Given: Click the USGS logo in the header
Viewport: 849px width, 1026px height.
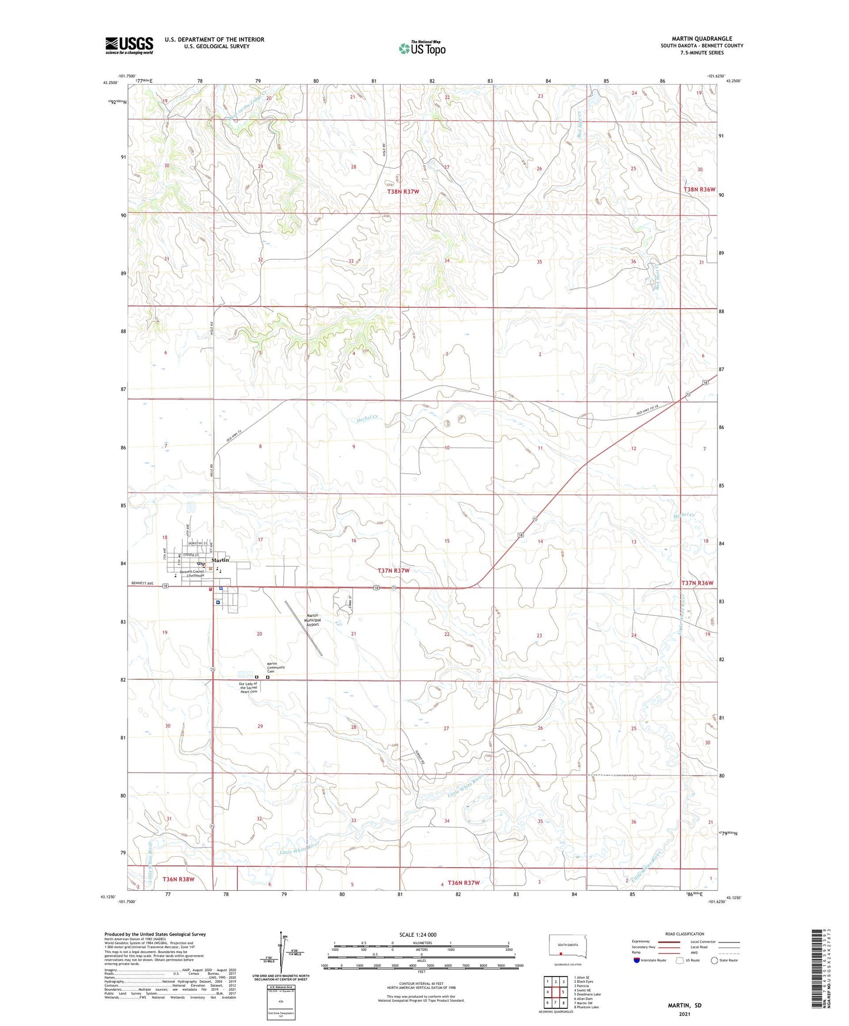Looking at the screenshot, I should click(129, 45).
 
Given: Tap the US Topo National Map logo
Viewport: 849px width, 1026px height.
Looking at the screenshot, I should click(422, 48).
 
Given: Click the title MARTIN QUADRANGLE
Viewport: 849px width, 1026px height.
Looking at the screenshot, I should click(702, 39).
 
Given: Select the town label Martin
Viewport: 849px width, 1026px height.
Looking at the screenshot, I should click(220, 560).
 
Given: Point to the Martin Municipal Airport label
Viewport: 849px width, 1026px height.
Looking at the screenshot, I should click(312, 621).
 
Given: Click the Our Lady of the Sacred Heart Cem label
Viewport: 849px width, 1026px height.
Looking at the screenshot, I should click(247, 688).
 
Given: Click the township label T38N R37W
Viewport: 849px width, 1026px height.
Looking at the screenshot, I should click(403, 192).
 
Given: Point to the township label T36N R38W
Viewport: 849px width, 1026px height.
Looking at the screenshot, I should click(178, 880).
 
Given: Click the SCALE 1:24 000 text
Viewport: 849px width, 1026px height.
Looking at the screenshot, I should click(418, 935).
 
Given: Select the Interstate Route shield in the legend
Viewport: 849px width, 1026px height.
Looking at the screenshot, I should click(637, 960).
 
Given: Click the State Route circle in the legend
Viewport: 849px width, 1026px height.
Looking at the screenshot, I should click(714, 960).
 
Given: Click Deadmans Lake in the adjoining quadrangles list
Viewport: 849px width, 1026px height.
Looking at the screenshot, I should click(588, 995).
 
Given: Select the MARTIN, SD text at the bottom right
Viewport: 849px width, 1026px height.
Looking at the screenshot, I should click(684, 1005).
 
